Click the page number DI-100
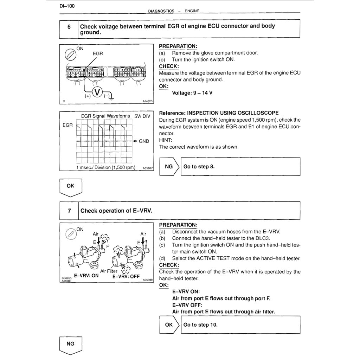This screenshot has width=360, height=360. point(67,6)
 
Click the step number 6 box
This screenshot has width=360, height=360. point(69,27)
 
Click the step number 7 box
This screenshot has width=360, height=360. point(69,211)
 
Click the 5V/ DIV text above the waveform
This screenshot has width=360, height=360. point(140,116)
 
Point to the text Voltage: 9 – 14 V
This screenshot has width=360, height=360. point(192,93)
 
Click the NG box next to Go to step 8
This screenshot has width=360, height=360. point(169,167)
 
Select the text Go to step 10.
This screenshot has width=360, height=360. point(200,324)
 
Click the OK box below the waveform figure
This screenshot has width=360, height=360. point(70,186)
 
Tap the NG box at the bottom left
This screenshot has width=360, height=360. point(70,344)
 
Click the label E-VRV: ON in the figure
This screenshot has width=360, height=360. point(86,276)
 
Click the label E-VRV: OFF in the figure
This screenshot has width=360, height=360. point(126,276)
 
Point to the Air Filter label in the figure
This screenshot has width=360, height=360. point(109,271)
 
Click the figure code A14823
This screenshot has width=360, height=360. point(148,101)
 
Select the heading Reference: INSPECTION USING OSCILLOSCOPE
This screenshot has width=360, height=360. point(219,113)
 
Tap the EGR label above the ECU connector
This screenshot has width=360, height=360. point(98,54)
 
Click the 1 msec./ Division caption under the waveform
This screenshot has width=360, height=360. point(105,168)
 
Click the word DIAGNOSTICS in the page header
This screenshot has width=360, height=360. point(161,11)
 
